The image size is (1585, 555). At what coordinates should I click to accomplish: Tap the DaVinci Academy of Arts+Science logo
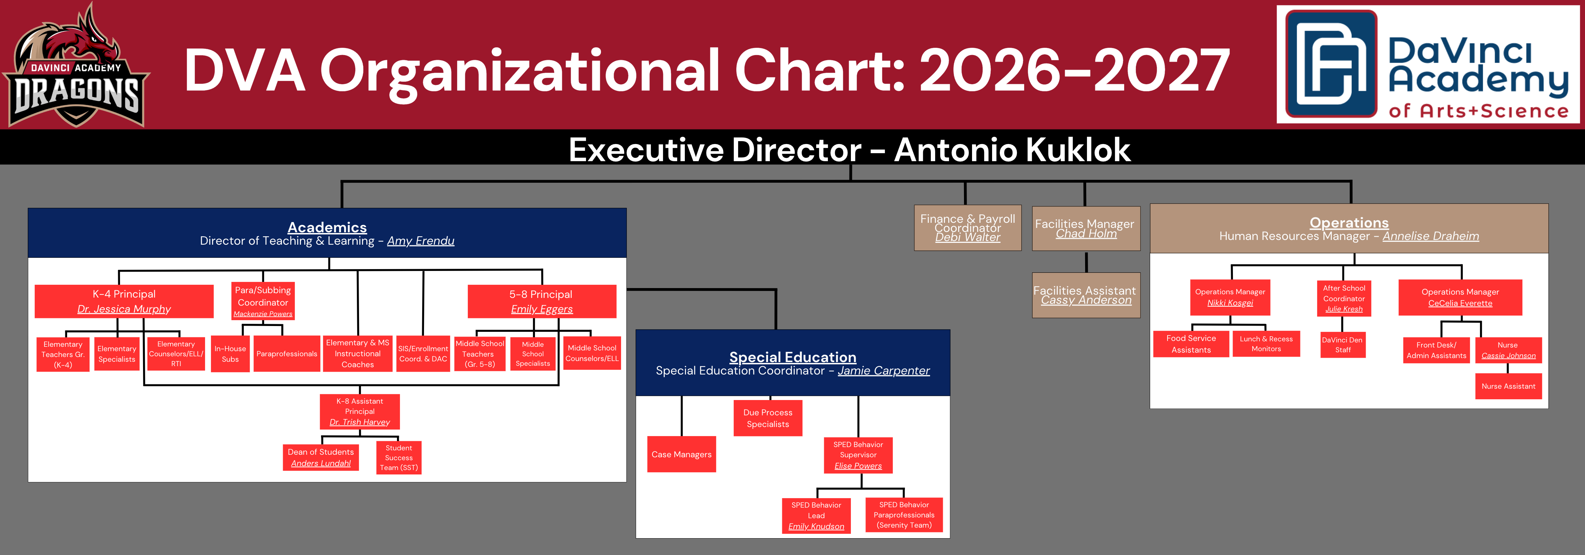coord(1427,65)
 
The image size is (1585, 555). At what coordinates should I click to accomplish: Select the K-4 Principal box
coord(124,301)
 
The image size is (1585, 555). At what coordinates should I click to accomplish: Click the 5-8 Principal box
coord(541,301)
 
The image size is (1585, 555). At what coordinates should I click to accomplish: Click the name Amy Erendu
coord(421,241)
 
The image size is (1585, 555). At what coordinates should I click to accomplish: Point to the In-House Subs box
coord(230,354)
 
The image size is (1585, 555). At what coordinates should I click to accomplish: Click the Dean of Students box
coord(321,457)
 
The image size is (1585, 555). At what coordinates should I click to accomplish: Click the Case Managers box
coord(682,454)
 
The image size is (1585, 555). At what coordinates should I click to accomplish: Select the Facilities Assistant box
coord(1086,295)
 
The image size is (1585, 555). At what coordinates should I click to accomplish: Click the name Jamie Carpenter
coord(884,370)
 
